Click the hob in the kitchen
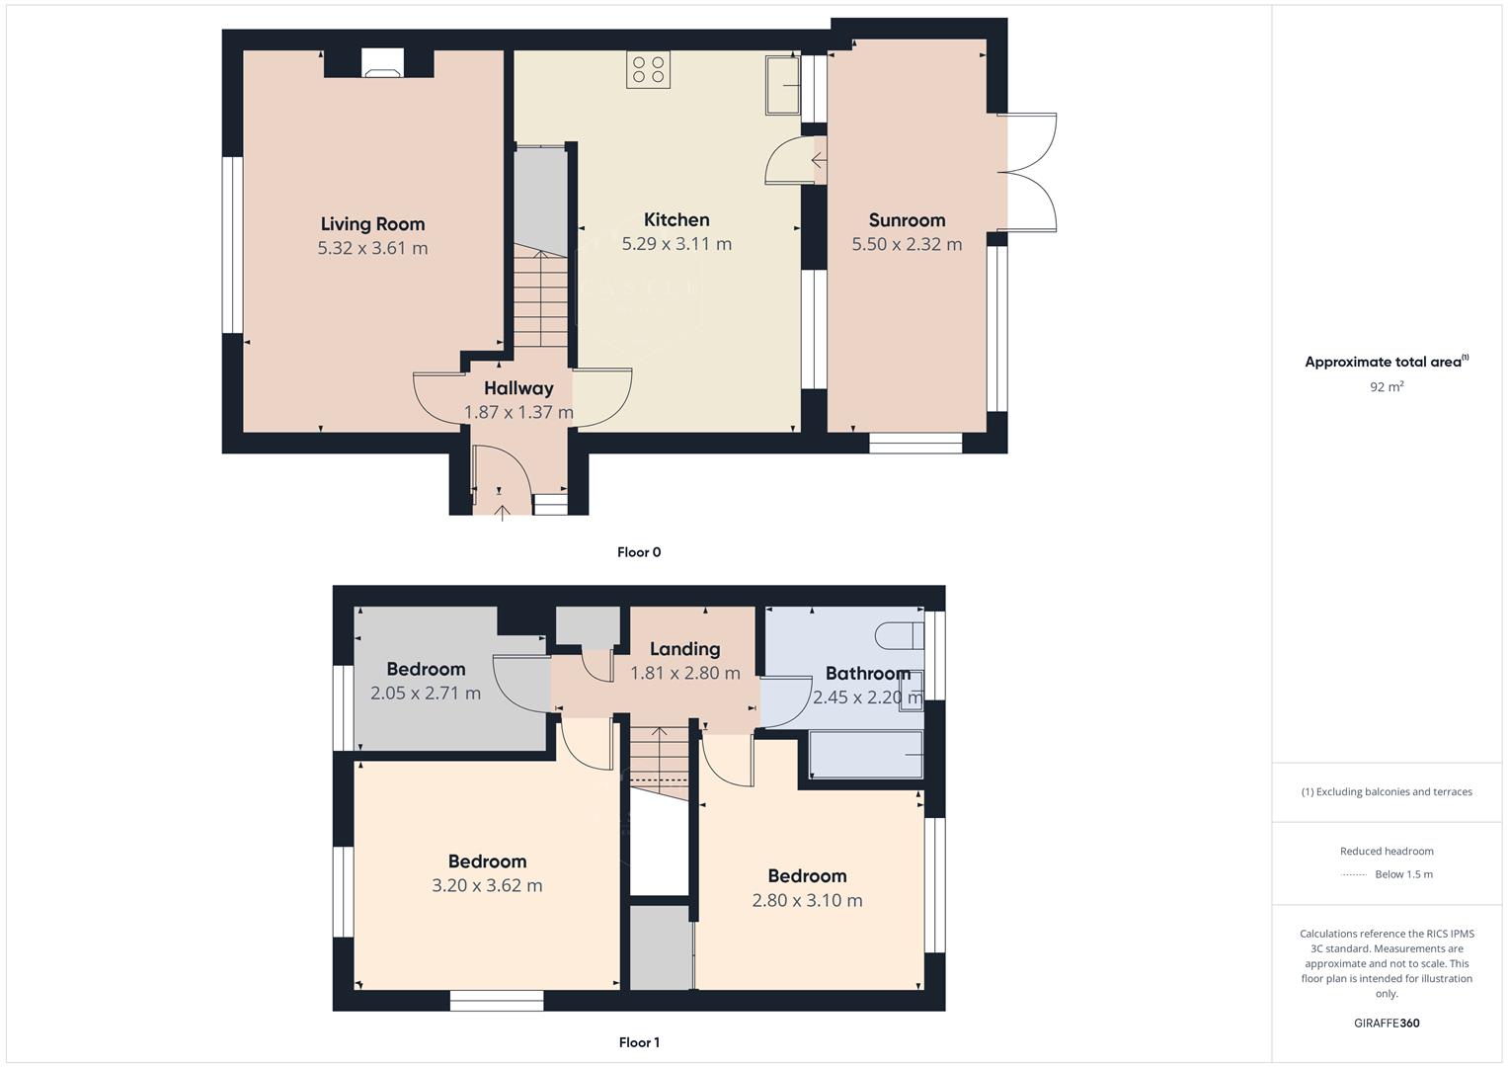tap(648, 70)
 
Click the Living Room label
tap(372, 224)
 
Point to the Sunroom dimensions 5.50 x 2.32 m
tap(907, 244)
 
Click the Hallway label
tap(518, 388)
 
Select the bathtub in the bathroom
tap(866, 755)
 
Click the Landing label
tap(684, 649)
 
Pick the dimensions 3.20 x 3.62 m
tap(487, 885)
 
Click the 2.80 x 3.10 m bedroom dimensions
tap(807, 900)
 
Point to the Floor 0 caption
tap(639, 552)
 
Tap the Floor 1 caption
tap(639, 1042)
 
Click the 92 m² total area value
tap(1387, 387)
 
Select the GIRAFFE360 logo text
tap(1387, 1023)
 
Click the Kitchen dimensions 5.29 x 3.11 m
tap(676, 244)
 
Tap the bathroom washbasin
tap(913, 684)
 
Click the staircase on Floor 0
tap(540, 296)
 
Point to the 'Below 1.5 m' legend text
tap(1403, 874)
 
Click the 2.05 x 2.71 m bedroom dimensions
tap(426, 694)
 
